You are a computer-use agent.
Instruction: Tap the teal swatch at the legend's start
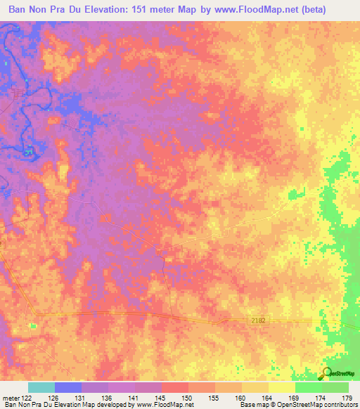point(41,388)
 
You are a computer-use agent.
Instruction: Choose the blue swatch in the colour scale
point(68,388)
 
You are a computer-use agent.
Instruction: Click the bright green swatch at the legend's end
point(335,388)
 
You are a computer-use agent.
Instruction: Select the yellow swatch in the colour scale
point(282,388)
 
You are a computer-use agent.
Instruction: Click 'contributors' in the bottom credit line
point(339,405)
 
